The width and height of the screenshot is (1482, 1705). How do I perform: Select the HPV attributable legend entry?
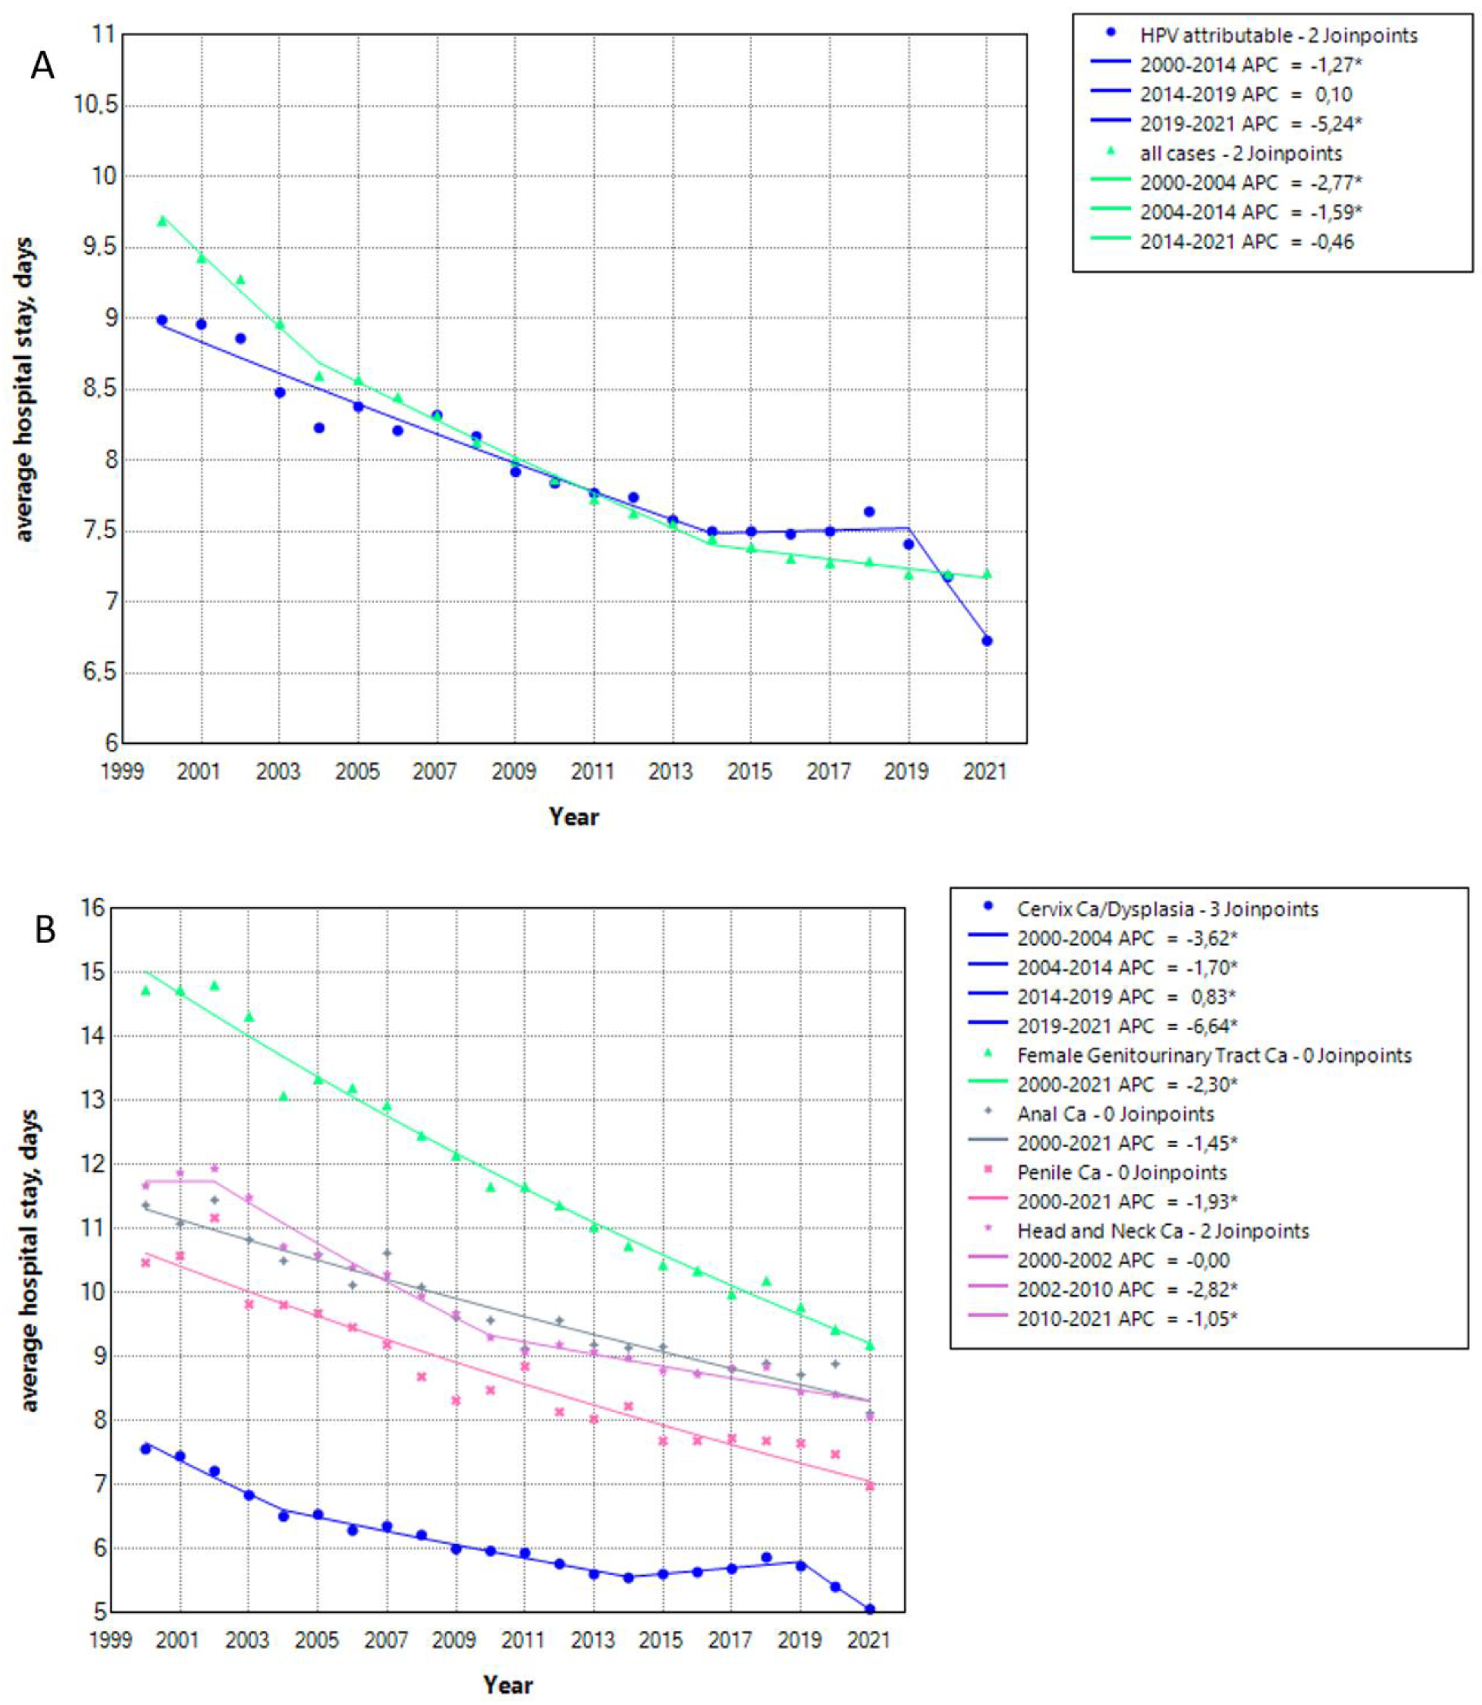1278,36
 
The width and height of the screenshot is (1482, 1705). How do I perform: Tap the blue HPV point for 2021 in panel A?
987,640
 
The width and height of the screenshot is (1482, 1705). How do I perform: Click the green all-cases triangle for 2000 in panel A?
162,221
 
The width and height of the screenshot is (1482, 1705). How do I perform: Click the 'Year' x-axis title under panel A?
574,817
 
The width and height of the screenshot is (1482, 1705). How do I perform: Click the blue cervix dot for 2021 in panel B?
869,1609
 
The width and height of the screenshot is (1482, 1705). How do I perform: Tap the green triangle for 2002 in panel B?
214,986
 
